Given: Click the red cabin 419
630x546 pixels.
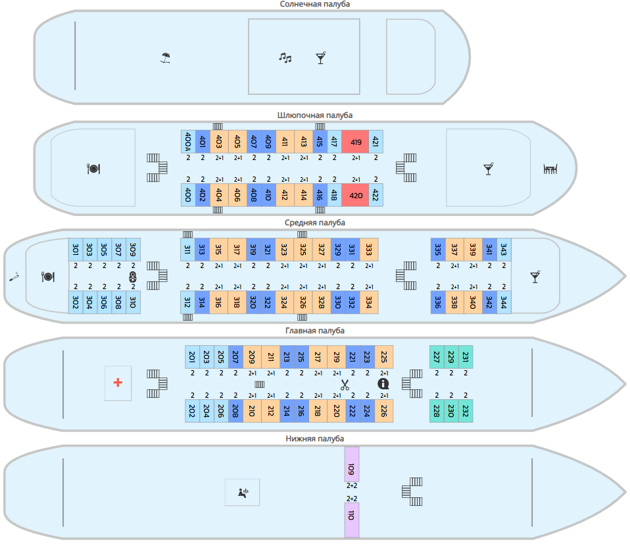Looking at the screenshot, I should [355, 142].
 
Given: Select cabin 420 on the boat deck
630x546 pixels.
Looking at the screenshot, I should [355, 195].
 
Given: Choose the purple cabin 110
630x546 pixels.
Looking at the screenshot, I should [352, 520].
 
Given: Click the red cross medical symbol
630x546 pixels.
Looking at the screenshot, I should [118, 383].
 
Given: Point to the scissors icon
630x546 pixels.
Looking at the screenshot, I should [344, 384].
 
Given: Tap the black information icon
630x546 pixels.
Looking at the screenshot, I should [383, 383].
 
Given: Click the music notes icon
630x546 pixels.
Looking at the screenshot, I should [285, 58].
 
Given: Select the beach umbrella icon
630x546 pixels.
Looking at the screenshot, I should [166, 58].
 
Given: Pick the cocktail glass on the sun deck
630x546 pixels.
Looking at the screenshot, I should [320, 58].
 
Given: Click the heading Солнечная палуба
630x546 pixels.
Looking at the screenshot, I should [315, 5].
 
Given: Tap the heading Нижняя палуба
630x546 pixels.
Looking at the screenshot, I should [315, 439].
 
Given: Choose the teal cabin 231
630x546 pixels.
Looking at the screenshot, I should [466, 356].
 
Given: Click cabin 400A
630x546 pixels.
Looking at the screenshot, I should [188, 142].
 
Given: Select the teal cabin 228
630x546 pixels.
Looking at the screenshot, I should [437, 410].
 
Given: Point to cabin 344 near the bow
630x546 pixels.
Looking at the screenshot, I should [504, 302].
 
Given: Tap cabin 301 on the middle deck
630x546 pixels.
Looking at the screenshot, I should [76, 250].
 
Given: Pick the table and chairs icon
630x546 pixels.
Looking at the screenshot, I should [550, 169].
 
